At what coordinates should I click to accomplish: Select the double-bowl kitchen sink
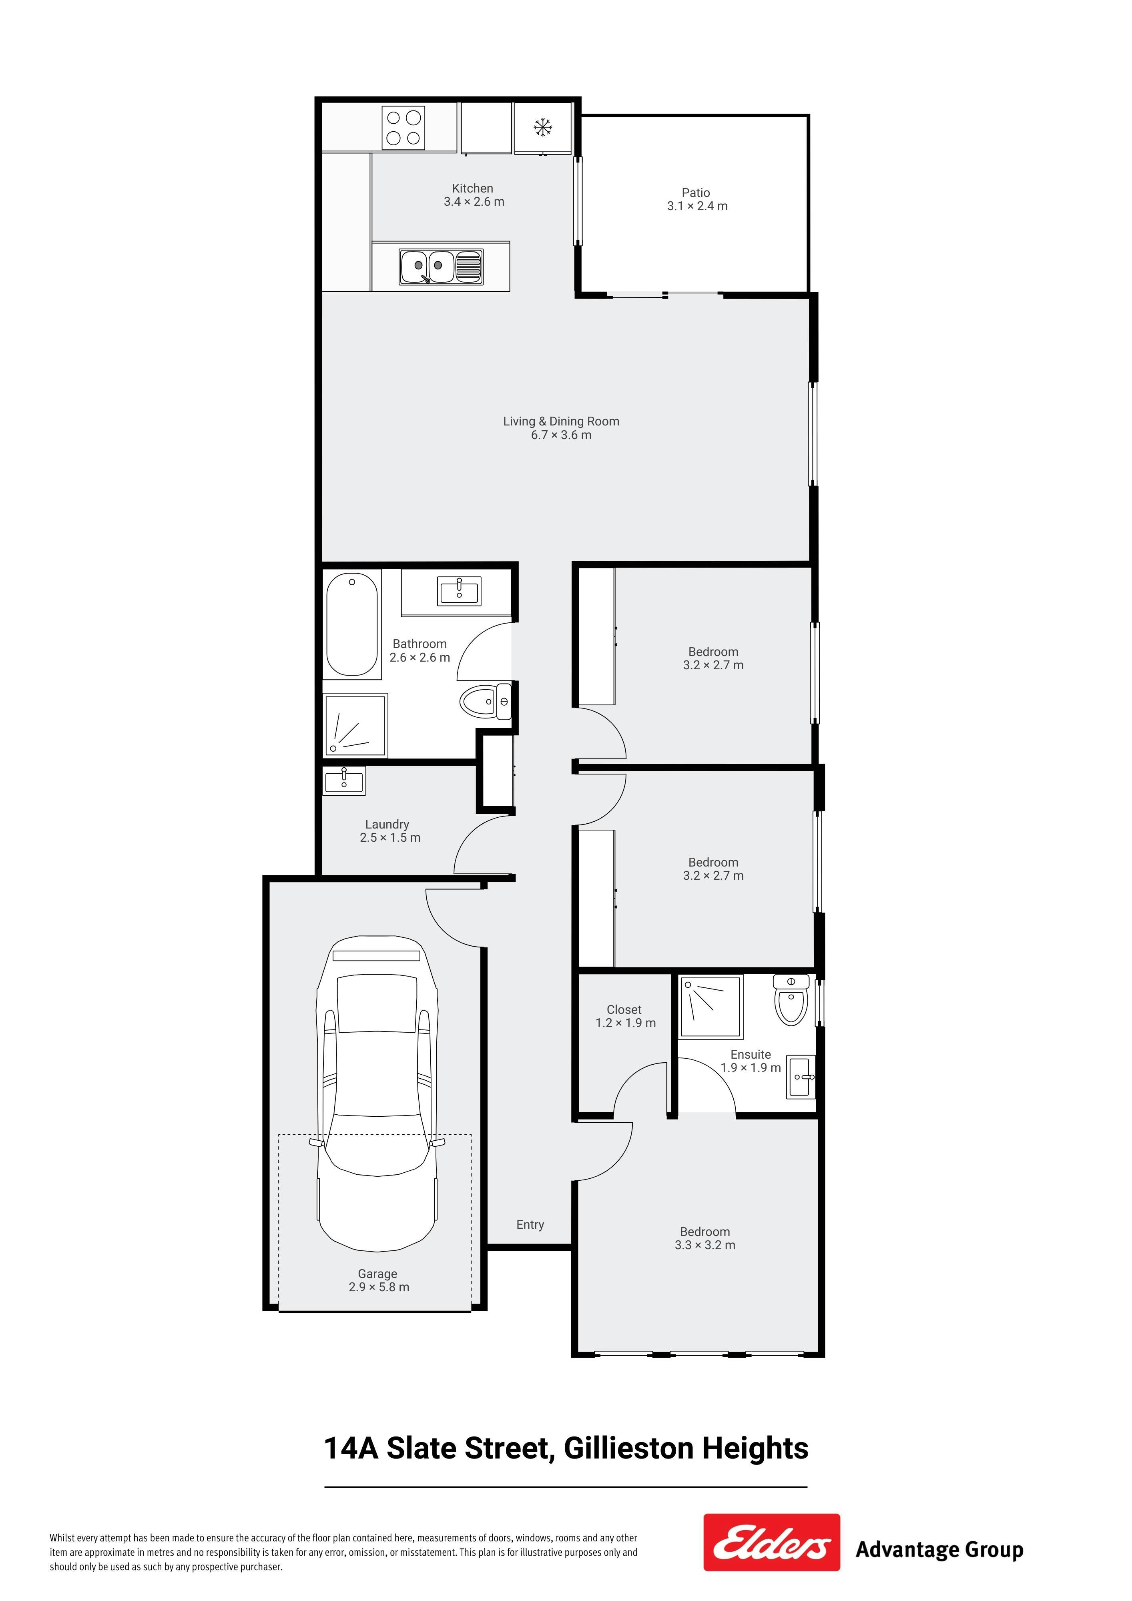pyautogui.click(x=441, y=267)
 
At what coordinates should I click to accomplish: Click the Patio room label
pyautogui.click(x=696, y=193)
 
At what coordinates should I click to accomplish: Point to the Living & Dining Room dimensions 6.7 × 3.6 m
pyautogui.click(x=562, y=435)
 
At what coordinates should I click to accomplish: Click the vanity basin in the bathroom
pyautogui.click(x=459, y=591)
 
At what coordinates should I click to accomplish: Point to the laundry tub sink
pyautogui.click(x=344, y=780)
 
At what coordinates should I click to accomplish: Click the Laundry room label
pyautogui.click(x=387, y=824)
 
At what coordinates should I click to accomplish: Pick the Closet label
pyautogui.click(x=624, y=1010)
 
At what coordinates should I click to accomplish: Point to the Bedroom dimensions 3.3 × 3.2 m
pyautogui.click(x=705, y=1245)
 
